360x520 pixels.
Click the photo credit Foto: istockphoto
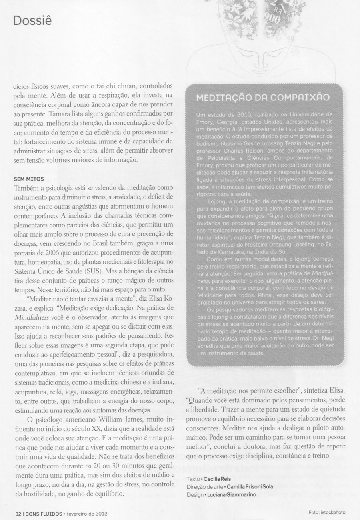pos(327,512)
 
